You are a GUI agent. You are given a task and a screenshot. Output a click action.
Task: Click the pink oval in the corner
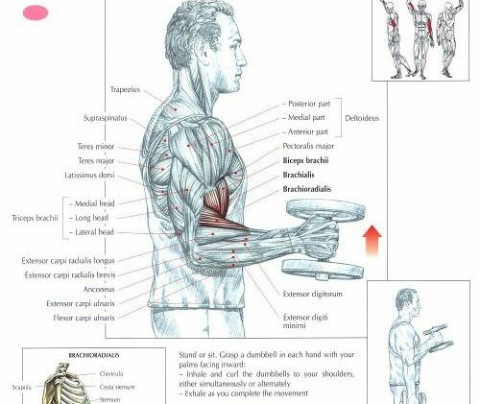click(x=36, y=13)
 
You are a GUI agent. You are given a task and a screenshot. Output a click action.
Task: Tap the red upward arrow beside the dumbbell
click(x=372, y=241)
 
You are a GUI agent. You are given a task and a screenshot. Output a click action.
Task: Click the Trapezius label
click(x=125, y=89)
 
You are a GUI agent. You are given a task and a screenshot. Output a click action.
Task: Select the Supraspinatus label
click(x=106, y=118)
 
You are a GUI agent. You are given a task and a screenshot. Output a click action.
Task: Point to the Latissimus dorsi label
click(x=89, y=176)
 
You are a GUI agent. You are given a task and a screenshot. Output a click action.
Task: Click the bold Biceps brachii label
click(x=305, y=160)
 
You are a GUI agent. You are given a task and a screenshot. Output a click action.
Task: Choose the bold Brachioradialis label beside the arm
click(x=307, y=189)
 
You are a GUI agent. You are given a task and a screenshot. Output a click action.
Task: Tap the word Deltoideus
click(x=362, y=118)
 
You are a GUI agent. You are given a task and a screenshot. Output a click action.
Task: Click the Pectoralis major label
click(x=308, y=146)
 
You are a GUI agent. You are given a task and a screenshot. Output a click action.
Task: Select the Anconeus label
click(x=99, y=290)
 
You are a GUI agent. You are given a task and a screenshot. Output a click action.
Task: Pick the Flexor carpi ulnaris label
click(x=84, y=318)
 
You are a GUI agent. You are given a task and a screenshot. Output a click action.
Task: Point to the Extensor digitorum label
click(x=312, y=294)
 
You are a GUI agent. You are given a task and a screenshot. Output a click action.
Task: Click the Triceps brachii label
click(x=35, y=218)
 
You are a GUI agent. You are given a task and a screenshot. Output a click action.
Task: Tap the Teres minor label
click(x=96, y=147)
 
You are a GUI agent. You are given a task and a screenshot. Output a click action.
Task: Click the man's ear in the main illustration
click(x=204, y=53)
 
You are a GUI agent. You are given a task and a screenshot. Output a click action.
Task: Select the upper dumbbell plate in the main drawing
click(x=325, y=210)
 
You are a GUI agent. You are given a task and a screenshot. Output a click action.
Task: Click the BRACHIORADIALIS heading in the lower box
click(x=94, y=355)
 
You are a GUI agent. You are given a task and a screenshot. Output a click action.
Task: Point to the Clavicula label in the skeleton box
click(x=111, y=373)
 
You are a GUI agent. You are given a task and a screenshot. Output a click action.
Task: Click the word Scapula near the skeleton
click(x=21, y=388)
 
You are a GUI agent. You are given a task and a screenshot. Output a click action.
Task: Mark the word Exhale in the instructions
click(x=195, y=393)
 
